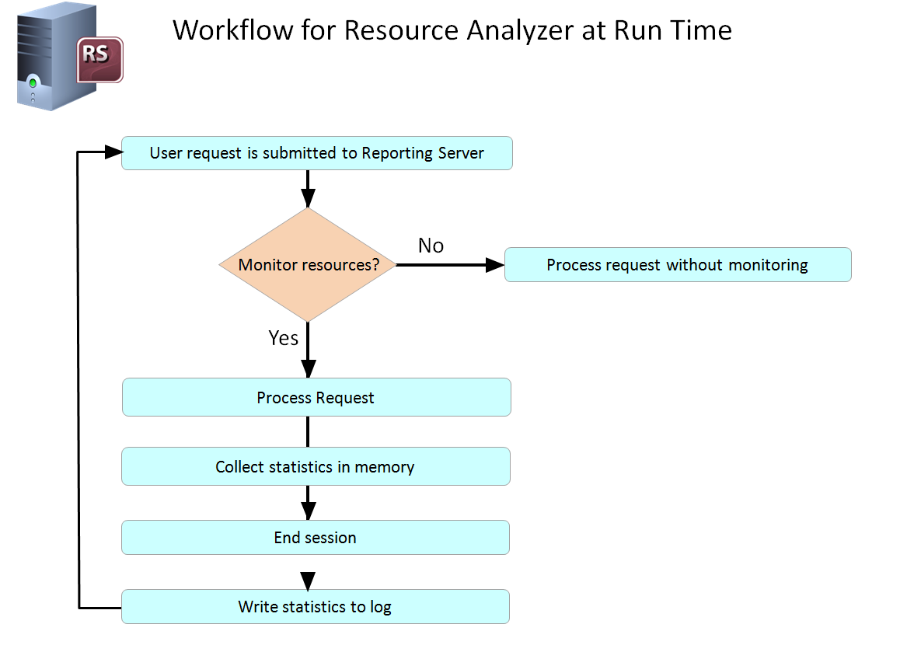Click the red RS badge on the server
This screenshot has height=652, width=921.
[99, 60]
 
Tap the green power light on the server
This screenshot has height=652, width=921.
[33, 83]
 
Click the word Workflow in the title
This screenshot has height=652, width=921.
[232, 30]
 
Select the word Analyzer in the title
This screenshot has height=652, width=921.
[520, 31]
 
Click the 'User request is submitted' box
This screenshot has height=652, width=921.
[316, 153]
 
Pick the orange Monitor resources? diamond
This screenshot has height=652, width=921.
[308, 265]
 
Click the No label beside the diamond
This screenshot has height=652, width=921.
[431, 246]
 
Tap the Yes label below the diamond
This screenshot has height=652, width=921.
[283, 338]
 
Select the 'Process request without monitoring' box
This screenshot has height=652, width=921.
[678, 265]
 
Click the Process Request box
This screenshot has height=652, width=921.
[316, 398]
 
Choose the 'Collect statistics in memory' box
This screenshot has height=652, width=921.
[316, 466]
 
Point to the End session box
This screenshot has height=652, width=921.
[316, 538]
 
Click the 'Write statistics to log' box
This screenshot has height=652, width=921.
[316, 607]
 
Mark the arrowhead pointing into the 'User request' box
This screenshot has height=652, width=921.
[113, 152]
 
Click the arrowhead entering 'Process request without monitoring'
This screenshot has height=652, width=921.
[495, 265]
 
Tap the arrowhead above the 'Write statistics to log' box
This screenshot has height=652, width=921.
[308, 581]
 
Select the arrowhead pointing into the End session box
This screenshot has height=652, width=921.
[309, 511]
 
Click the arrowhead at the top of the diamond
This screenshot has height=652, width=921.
[309, 198]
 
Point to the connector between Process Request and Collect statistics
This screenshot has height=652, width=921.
[308, 432]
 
